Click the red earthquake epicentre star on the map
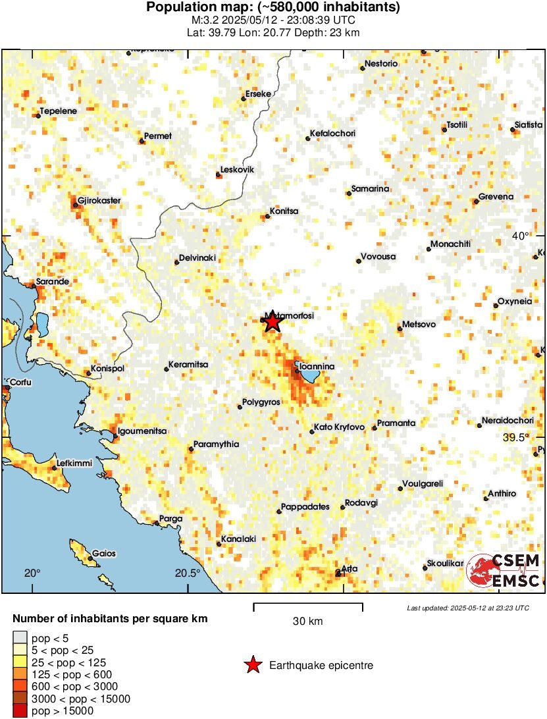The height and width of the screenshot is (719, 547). [x=272, y=323]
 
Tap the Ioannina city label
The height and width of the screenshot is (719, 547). [x=317, y=366]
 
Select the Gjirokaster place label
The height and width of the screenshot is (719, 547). [x=99, y=200]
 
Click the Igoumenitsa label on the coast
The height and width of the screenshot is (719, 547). [x=142, y=431]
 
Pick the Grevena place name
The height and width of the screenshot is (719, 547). [x=496, y=197]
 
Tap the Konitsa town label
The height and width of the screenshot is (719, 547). [x=284, y=211]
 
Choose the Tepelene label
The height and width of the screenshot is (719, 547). [x=59, y=111]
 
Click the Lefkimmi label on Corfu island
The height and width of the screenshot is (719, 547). [x=76, y=463]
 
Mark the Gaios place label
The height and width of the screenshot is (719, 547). [x=104, y=554]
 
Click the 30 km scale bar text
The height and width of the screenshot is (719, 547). [x=307, y=621]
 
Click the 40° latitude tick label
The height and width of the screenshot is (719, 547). [x=521, y=236]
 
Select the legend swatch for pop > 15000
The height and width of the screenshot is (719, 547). [x=20, y=711]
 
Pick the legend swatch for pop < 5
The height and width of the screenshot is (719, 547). [x=20, y=637]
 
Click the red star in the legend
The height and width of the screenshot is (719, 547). [x=252, y=666]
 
